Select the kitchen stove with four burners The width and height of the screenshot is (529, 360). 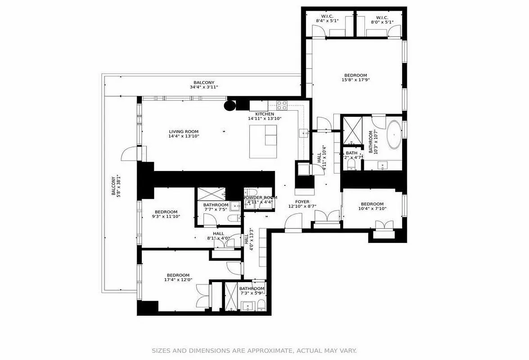(282, 105)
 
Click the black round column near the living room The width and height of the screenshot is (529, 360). (230, 106)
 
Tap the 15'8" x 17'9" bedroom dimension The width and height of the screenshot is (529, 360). (355, 81)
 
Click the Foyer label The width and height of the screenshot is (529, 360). (302, 202)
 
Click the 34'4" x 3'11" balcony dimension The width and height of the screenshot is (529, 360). (204, 87)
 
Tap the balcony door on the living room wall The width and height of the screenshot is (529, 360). (128, 153)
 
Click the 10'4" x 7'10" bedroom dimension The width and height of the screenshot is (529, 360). (372, 209)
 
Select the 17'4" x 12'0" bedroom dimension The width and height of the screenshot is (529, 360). (178, 280)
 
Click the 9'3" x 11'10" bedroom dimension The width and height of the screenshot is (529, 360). (166, 217)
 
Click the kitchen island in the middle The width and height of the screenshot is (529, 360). (264, 141)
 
